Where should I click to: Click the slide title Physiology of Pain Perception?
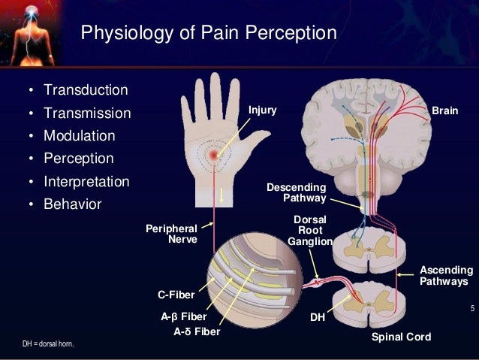pyautogui.click(x=208, y=34)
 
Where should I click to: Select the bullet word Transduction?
pyautogui.click(x=86, y=91)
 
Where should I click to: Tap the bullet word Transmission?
pyautogui.click(x=87, y=114)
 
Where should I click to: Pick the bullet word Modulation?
pyautogui.click(x=80, y=137)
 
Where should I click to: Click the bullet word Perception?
pyautogui.click(x=79, y=159)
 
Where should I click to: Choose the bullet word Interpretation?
pyautogui.click(x=86, y=182)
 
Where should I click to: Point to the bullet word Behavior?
pyautogui.click(x=73, y=204)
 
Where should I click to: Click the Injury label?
pyautogui.click(x=263, y=110)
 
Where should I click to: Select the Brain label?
pyautogui.click(x=444, y=110)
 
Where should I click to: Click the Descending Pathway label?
pyautogui.click(x=297, y=192)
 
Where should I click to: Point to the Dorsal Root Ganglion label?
pyautogui.click(x=309, y=230)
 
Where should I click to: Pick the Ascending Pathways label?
pyautogui.click(x=446, y=275)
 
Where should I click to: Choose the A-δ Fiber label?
pyautogui.click(x=197, y=331)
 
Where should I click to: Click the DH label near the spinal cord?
pyautogui.click(x=318, y=318)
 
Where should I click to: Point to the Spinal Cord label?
pyautogui.click(x=402, y=337)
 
